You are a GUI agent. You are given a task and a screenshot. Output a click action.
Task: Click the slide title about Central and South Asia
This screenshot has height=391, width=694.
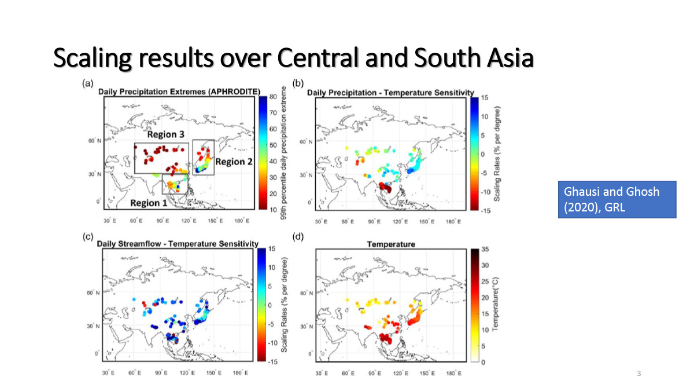[293, 59]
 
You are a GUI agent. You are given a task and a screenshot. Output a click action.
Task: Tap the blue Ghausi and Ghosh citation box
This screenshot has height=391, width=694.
[617, 199]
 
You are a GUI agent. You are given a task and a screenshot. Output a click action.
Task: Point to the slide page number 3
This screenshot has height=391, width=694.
[638, 373]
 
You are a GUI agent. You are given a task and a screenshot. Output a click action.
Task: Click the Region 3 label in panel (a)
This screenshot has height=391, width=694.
[165, 134]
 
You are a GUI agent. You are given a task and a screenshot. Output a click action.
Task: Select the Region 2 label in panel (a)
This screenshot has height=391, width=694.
[234, 162]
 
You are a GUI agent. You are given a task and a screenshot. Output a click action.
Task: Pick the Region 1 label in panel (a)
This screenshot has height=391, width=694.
[149, 203]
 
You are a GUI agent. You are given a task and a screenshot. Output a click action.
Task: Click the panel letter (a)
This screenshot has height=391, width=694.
[88, 83]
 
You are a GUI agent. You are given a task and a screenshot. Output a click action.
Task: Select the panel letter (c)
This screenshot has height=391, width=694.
[88, 236]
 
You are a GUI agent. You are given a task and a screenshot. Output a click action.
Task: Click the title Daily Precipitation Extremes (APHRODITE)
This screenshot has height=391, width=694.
[179, 92]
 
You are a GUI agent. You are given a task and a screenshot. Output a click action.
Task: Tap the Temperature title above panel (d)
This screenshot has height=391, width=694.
[391, 244]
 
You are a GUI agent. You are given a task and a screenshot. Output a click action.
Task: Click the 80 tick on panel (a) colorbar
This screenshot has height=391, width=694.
[272, 98]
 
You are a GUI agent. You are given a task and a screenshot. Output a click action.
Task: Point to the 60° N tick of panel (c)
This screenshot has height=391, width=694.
[93, 294]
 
